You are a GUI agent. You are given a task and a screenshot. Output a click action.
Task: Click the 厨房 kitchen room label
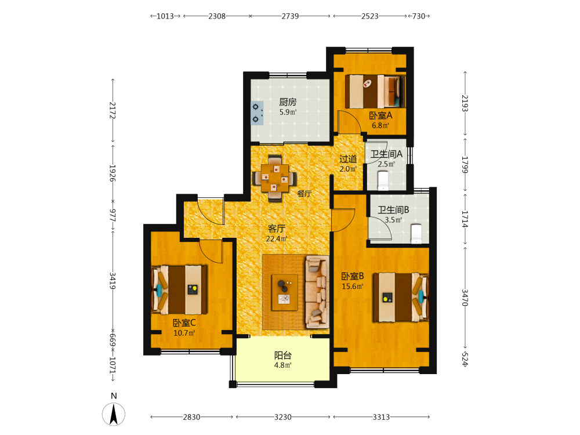tap(288, 101)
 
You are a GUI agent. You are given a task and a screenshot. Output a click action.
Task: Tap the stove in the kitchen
tap(257, 113)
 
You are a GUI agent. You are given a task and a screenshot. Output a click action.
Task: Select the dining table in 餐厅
tap(274, 178)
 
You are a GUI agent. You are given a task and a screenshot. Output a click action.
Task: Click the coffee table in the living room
tap(284, 292)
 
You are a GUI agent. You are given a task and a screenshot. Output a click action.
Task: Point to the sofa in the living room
tap(317, 292)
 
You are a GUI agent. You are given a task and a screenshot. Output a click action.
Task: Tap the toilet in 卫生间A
tap(383, 180)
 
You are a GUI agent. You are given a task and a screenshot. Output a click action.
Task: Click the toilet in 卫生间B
tap(416, 234)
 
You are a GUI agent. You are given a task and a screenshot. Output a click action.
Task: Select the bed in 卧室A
tap(375, 92)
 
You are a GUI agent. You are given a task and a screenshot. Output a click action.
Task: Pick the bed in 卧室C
tap(179, 289)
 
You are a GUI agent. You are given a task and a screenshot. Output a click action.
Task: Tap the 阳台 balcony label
tap(283, 356)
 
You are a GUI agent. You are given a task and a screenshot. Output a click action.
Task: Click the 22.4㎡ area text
tap(277, 239)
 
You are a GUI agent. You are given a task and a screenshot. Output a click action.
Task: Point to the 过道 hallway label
tap(349, 159)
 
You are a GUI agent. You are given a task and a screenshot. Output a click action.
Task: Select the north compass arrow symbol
tap(114, 414)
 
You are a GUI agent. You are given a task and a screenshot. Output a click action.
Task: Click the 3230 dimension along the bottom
tap(283, 417)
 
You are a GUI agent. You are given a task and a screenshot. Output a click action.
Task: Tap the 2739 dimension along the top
tap(290, 16)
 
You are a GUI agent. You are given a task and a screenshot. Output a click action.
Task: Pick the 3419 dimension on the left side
tap(113, 281)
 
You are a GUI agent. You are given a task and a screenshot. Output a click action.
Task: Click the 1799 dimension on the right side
tap(465, 165)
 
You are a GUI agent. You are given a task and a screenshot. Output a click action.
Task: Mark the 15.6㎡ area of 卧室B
tap(353, 287)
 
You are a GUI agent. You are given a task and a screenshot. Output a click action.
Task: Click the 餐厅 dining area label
tap(304, 194)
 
